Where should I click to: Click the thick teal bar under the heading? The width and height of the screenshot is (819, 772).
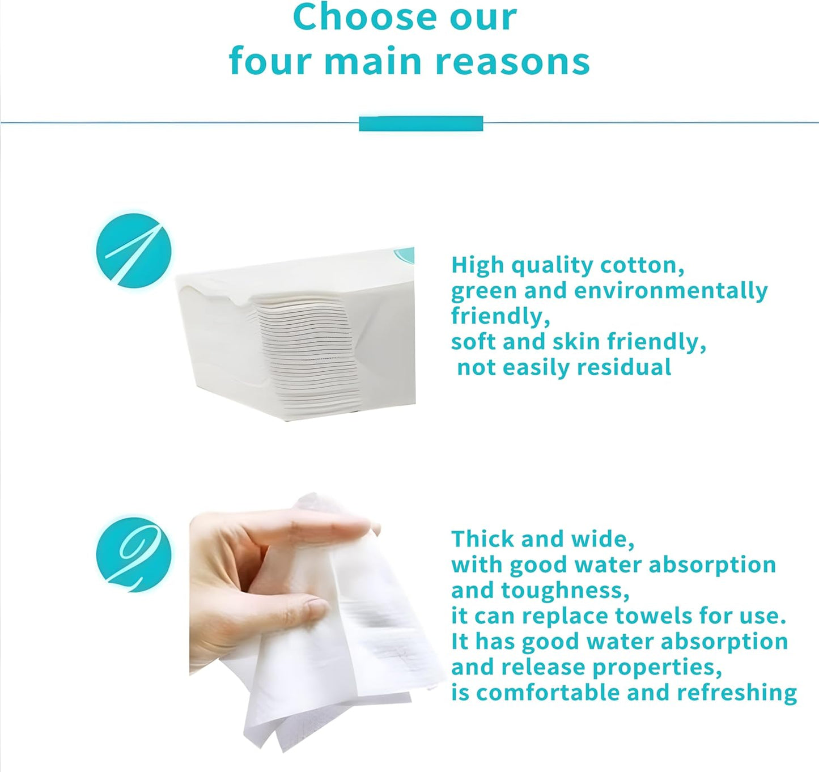pyautogui.click(x=421, y=123)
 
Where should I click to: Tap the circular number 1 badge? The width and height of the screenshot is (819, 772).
pyautogui.click(x=134, y=251)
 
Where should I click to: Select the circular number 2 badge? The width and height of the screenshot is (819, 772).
pyautogui.click(x=134, y=554)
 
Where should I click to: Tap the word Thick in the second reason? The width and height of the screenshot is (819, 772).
pyautogui.click(x=482, y=538)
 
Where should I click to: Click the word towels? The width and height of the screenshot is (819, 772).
pyautogui.click(x=653, y=616)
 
